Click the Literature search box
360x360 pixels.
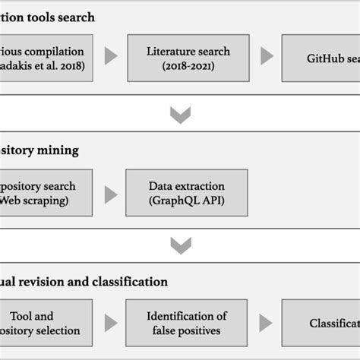pyautogui.click(x=188, y=58)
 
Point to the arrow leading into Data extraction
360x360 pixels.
pyautogui.click(x=111, y=194)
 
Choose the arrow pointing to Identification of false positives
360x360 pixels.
pyautogui.click(x=111, y=324)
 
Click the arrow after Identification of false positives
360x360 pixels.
pyautogui.click(x=267, y=324)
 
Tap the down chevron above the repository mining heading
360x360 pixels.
pyautogui.click(x=180, y=115)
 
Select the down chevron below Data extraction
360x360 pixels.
pyautogui.click(x=180, y=245)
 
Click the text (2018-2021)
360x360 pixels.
pyautogui.click(x=188, y=65)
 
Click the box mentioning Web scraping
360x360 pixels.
pyautogui.click(x=46, y=194)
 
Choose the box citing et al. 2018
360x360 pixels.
pyautogui.click(x=46, y=58)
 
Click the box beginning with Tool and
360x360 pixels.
pyautogui.click(x=46, y=324)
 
